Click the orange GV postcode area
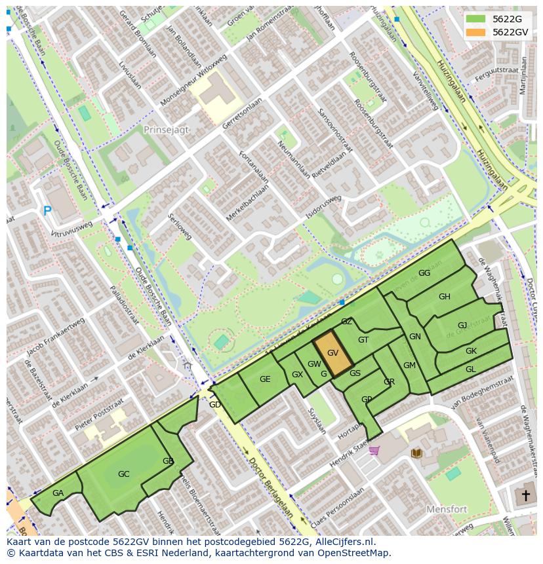[x=332, y=354]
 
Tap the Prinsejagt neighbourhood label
[x=166, y=130]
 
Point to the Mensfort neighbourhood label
[x=447, y=508]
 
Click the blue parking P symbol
[x=47, y=211]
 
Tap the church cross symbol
[x=524, y=495]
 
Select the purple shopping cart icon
[x=374, y=450]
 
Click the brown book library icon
[x=416, y=453]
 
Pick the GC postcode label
[x=123, y=474]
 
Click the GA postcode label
[x=58, y=493]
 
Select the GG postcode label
[x=424, y=273]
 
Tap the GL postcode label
[x=470, y=369]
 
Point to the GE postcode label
[x=265, y=379]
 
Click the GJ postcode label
[x=462, y=326]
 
